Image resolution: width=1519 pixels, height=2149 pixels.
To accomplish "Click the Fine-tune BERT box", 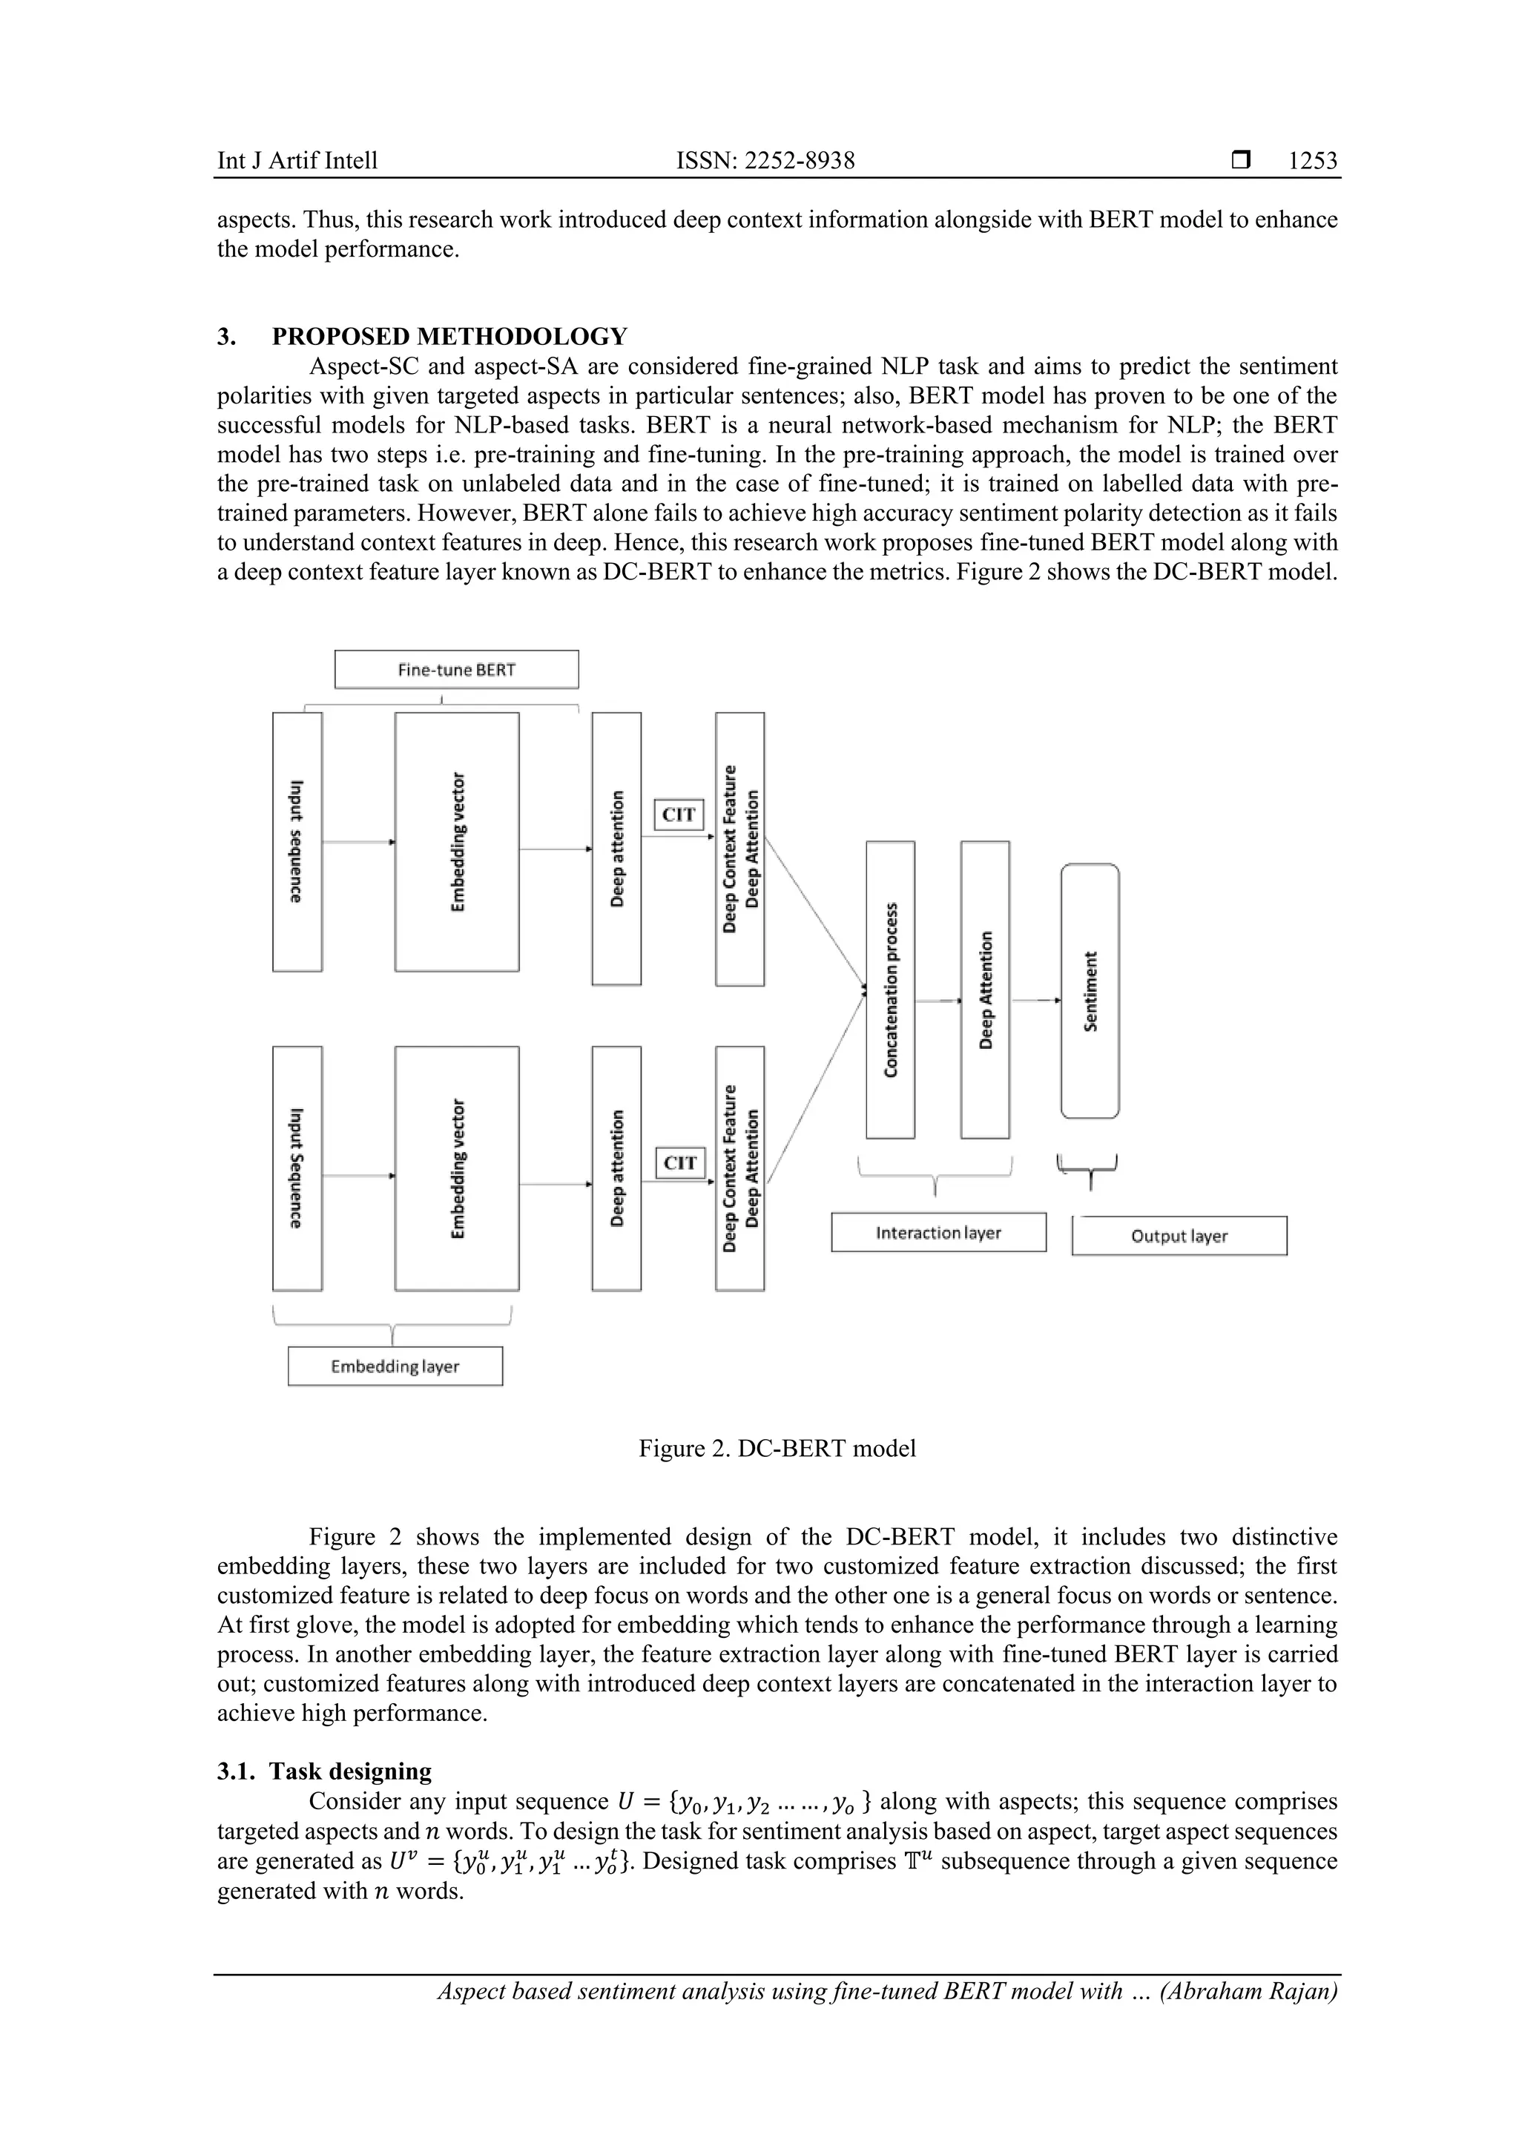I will point(456,669).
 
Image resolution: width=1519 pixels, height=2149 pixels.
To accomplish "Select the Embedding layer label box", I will point(395,1366).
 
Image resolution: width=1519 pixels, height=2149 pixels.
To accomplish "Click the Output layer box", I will point(1179,1236).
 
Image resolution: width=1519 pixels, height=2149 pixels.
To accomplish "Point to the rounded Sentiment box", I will point(1090,990).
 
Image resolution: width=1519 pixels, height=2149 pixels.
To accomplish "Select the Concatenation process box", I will point(890,990).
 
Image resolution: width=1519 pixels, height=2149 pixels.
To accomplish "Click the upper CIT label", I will point(679,814).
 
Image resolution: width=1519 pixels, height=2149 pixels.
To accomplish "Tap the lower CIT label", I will point(679,1162).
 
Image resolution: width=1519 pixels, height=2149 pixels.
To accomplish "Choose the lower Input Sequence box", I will point(297,1168).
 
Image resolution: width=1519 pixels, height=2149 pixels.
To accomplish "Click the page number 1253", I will point(1312,161).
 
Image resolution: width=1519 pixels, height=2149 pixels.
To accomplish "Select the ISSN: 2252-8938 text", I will point(765,161).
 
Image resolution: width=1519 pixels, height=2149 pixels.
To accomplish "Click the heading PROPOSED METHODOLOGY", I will point(449,336).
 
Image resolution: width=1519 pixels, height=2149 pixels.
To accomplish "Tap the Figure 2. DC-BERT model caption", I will point(777,1448).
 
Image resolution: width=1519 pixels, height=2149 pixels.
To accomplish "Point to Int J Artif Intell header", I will point(297,161).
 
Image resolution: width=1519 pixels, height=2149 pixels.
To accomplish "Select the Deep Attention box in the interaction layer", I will point(984,990).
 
